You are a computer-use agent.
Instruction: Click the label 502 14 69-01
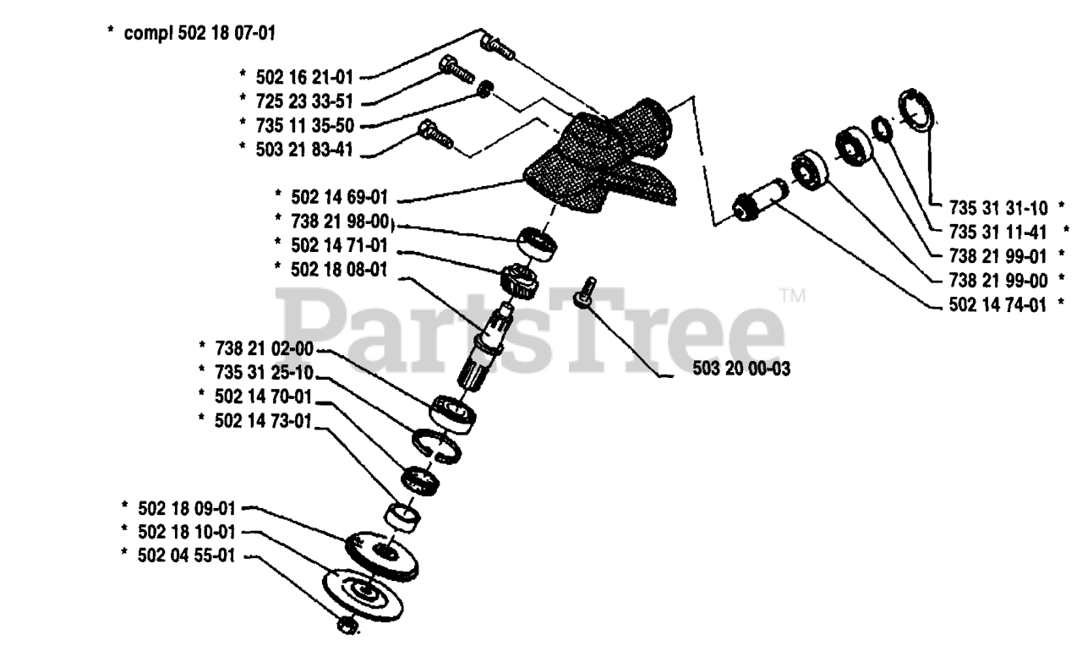click(340, 197)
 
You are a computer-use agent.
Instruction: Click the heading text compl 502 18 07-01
click(199, 35)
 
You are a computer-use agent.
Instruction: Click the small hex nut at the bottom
click(345, 626)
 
